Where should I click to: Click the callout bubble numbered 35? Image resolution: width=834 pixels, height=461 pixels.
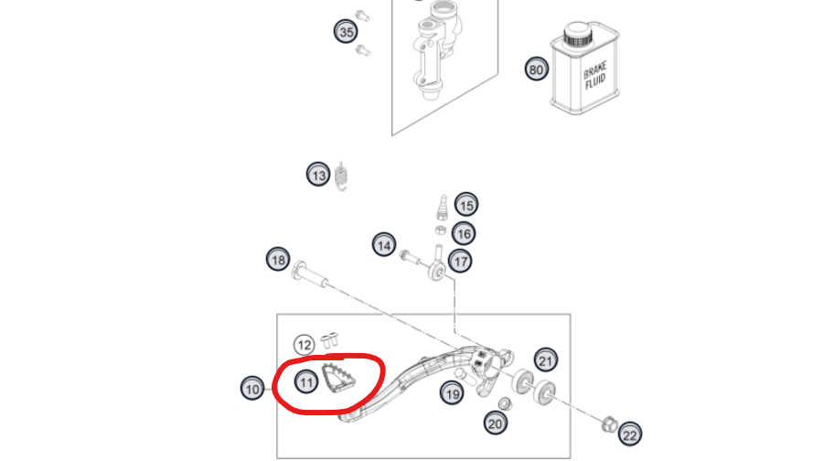(347, 32)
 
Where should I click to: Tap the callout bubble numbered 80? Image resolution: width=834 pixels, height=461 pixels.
(536, 70)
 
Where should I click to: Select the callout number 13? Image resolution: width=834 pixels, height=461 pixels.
(318, 175)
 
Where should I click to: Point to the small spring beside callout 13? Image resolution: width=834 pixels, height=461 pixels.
(342, 176)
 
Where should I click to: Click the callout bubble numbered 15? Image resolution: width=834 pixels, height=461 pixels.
(466, 205)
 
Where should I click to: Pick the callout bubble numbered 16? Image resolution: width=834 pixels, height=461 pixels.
(464, 233)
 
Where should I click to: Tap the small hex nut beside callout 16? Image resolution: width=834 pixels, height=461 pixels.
(441, 230)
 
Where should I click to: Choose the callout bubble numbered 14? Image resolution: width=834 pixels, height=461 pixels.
(384, 245)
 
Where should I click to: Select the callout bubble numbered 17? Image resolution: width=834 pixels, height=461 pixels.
(460, 261)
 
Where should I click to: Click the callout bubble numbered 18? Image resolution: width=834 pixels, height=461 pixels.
(278, 260)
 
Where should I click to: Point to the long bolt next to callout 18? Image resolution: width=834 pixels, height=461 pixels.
(309, 273)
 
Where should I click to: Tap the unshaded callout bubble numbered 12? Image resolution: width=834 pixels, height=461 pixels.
(304, 346)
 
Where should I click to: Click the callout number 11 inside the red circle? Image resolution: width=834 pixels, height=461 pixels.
(305, 383)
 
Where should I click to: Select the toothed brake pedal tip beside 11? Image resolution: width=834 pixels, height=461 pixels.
(338, 379)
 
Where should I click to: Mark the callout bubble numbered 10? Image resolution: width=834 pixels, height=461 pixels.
(252, 389)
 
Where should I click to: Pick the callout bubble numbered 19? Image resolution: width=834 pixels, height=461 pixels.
(452, 393)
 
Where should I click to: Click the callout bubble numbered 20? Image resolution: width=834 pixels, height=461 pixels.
(496, 423)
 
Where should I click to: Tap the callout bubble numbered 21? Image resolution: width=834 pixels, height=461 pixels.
(546, 361)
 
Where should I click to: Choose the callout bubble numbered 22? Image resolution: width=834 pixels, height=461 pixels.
(630, 435)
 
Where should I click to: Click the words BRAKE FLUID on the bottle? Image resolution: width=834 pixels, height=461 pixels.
(594, 77)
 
